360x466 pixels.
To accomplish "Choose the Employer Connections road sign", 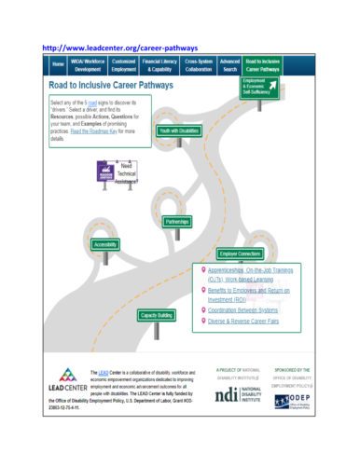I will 239,254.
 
